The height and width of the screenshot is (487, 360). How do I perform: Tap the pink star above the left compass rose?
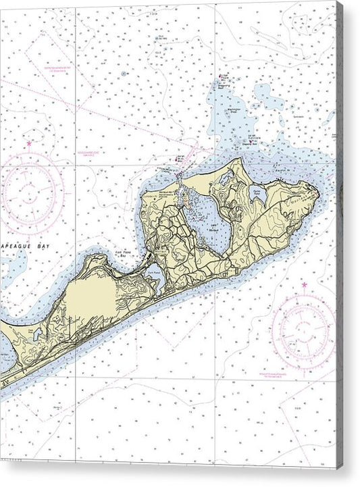point(29,143)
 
